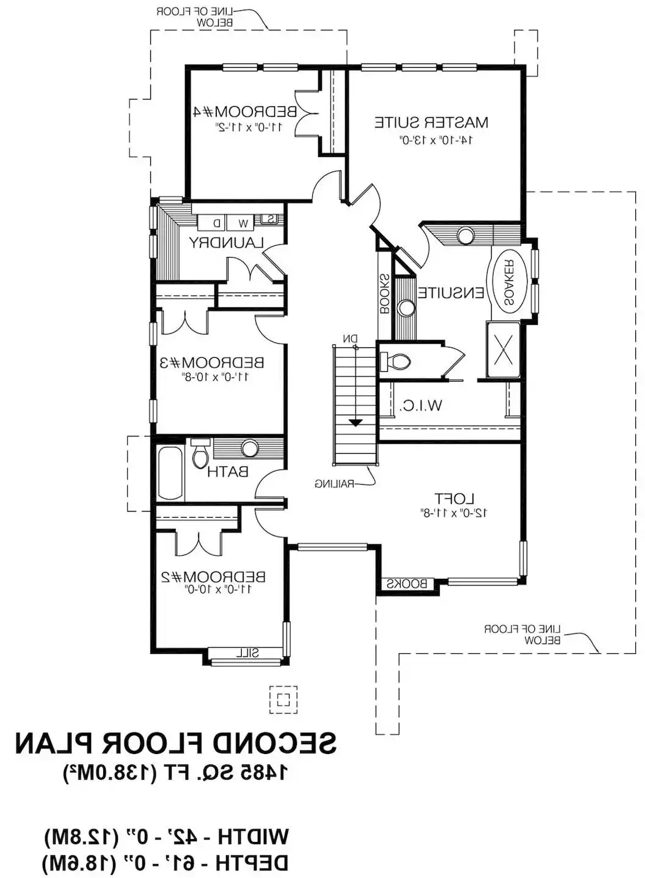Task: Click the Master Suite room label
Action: pos(431,122)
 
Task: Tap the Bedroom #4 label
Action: pos(244,112)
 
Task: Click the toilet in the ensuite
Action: pos(396,360)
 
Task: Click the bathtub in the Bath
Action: pos(170,473)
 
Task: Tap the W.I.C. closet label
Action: pos(421,405)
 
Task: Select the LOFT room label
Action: pos(454,499)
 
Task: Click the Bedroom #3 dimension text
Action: pos(216,377)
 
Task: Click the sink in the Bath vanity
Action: pos(249,448)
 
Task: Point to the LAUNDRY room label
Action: pos(227,242)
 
